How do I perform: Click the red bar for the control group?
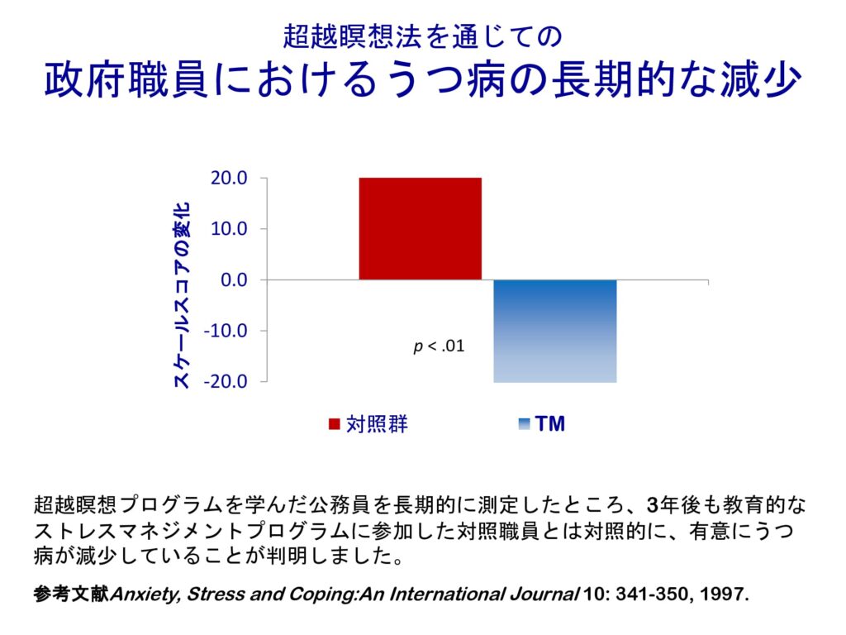pyautogui.click(x=420, y=228)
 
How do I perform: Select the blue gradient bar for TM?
pyautogui.click(x=555, y=331)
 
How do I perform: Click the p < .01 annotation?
pyautogui.click(x=439, y=346)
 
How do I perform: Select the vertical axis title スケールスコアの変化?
pyautogui.click(x=183, y=294)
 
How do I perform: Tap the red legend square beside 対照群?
pyautogui.click(x=334, y=424)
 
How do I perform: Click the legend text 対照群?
pyautogui.click(x=377, y=424)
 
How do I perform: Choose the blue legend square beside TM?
pyautogui.click(x=523, y=424)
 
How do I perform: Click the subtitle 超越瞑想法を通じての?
pyautogui.click(x=422, y=36)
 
